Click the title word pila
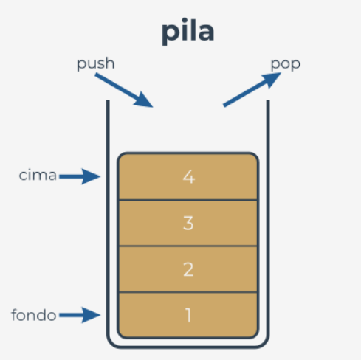pos(188,32)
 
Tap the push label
pos(96,64)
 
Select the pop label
pos(286,64)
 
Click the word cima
pos(38,176)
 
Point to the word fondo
pos(34,315)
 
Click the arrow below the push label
pos(124,90)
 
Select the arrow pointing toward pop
pos(252,89)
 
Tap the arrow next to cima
pos(80,176)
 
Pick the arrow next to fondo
pos(80,315)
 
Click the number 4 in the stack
pos(189,177)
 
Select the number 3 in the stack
pos(188,224)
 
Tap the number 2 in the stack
pos(188,270)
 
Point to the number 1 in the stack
pos(188,315)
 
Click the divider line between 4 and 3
pos(188,200)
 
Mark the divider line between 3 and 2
pos(188,246)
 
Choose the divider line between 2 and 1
pos(188,292)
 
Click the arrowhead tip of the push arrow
pos(153,107)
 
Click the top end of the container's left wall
pos(108,100)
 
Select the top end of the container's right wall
pos(268,100)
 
